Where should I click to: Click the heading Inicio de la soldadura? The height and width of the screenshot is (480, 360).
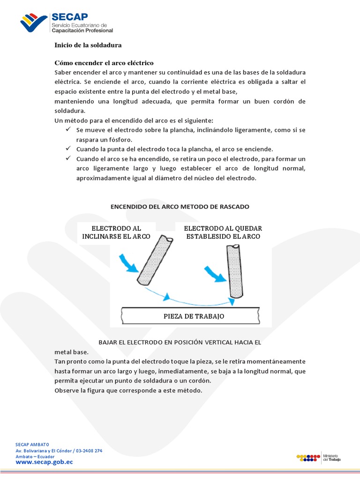pyautogui.click(x=88, y=45)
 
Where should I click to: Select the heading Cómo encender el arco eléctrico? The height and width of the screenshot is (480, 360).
pyautogui.click(x=104, y=63)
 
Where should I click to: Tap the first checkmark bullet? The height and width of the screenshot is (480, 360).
pyautogui.click(x=68, y=129)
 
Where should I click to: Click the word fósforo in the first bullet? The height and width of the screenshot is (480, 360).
pyautogui.click(x=120, y=140)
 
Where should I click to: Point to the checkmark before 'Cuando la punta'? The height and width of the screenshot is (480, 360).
pyautogui.click(x=68, y=148)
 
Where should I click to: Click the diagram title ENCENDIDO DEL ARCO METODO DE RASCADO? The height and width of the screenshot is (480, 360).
pyautogui.click(x=180, y=206)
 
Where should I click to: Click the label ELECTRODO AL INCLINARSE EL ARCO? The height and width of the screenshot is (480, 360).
pyautogui.click(x=116, y=232)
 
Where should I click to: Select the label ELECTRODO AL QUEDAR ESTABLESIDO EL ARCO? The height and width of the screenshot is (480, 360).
pyautogui.click(x=223, y=232)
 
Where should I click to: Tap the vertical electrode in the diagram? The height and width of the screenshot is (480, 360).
pyautogui.click(x=234, y=271)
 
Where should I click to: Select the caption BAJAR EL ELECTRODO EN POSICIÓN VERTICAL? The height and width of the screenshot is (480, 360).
pyautogui.click(x=180, y=342)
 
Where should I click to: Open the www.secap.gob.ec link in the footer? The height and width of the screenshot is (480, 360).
pyautogui.click(x=45, y=462)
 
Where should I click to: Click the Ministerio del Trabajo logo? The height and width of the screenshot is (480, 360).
pyautogui.click(x=319, y=457)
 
